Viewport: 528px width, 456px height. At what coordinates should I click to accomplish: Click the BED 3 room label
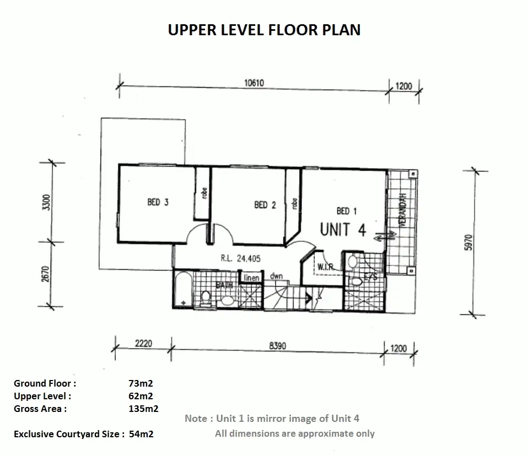tap(158, 202)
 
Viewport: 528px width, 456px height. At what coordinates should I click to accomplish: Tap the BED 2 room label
tap(265, 205)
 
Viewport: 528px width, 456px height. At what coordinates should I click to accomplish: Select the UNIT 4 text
tap(343, 230)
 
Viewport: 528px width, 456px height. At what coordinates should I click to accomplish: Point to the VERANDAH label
tap(402, 210)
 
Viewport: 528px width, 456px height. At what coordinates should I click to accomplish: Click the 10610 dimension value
tap(254, 83)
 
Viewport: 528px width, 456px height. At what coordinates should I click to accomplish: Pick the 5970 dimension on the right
tap(468, 242)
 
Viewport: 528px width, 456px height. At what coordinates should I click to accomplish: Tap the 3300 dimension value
tap(46, 203)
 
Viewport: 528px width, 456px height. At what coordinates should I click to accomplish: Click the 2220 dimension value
tap(143, 343)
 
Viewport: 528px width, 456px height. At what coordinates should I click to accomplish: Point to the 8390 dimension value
tap(277, 346)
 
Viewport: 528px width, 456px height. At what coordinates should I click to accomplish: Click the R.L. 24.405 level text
tap(240, 258)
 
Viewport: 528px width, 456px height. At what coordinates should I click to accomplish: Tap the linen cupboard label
tap(251, 278)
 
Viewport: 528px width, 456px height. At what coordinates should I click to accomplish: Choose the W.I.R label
tap(325, 267)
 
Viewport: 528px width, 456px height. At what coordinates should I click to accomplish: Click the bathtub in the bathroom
tap(183, 289)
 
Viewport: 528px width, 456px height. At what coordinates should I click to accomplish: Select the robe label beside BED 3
tap(204, 193)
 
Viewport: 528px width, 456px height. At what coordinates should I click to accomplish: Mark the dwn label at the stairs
tap(276, 276)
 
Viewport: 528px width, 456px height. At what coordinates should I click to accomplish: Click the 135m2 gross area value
tap(143, 409)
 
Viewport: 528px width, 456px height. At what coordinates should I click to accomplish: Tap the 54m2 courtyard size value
tap(141, 434)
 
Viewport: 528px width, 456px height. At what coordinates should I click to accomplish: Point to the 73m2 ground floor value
tap(141, 383)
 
